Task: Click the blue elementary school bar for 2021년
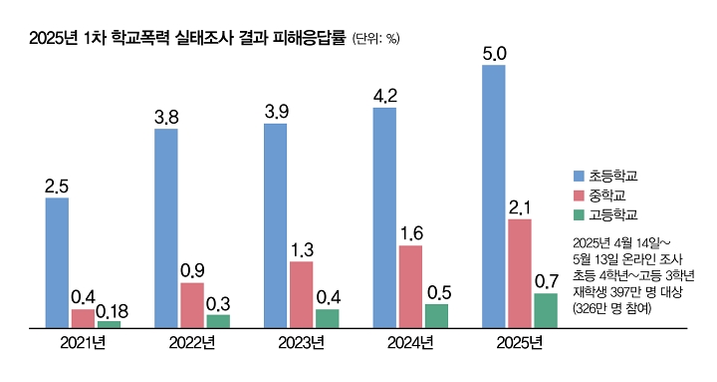tap(57, 262)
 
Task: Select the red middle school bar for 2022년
tap(192, 304)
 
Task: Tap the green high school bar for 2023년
tap(327, 317)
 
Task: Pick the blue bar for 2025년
tap(493, 195)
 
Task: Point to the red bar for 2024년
tap(410, 285)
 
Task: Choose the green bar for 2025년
tap(545, 309)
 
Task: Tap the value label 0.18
tap(109, 310)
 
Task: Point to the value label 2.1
tap(520, 207)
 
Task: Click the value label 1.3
tap(301, 249)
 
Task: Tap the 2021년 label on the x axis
tap(83, 343)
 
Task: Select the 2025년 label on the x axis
tap(519, 343)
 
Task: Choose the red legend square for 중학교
tap(579, 194)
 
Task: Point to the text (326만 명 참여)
tap(613, 309)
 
